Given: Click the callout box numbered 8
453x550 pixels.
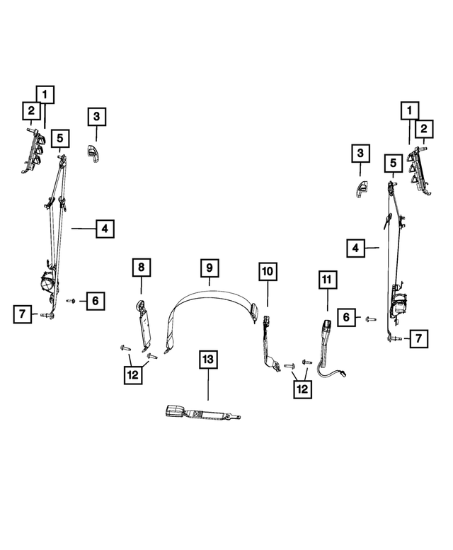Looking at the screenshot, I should pos(140,268).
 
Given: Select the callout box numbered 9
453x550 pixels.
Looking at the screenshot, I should pos(210,268).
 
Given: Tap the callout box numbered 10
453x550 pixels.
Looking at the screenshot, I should pos(268,271).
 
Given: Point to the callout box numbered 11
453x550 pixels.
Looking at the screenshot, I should pos(326,281).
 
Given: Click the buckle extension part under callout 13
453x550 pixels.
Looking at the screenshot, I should pos(202,413).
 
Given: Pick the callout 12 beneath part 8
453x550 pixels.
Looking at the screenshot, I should pos(132,376).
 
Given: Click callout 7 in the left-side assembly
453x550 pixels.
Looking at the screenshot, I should pos(23,314).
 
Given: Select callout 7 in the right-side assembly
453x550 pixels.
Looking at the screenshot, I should pos(419,339).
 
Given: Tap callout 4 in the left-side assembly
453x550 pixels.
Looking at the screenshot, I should pos(104,229).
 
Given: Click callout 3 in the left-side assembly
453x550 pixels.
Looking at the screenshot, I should pos(97,117).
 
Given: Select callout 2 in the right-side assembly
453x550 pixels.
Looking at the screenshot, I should pos(423,128).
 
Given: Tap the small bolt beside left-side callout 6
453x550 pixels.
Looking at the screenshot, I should pos(71,301).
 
